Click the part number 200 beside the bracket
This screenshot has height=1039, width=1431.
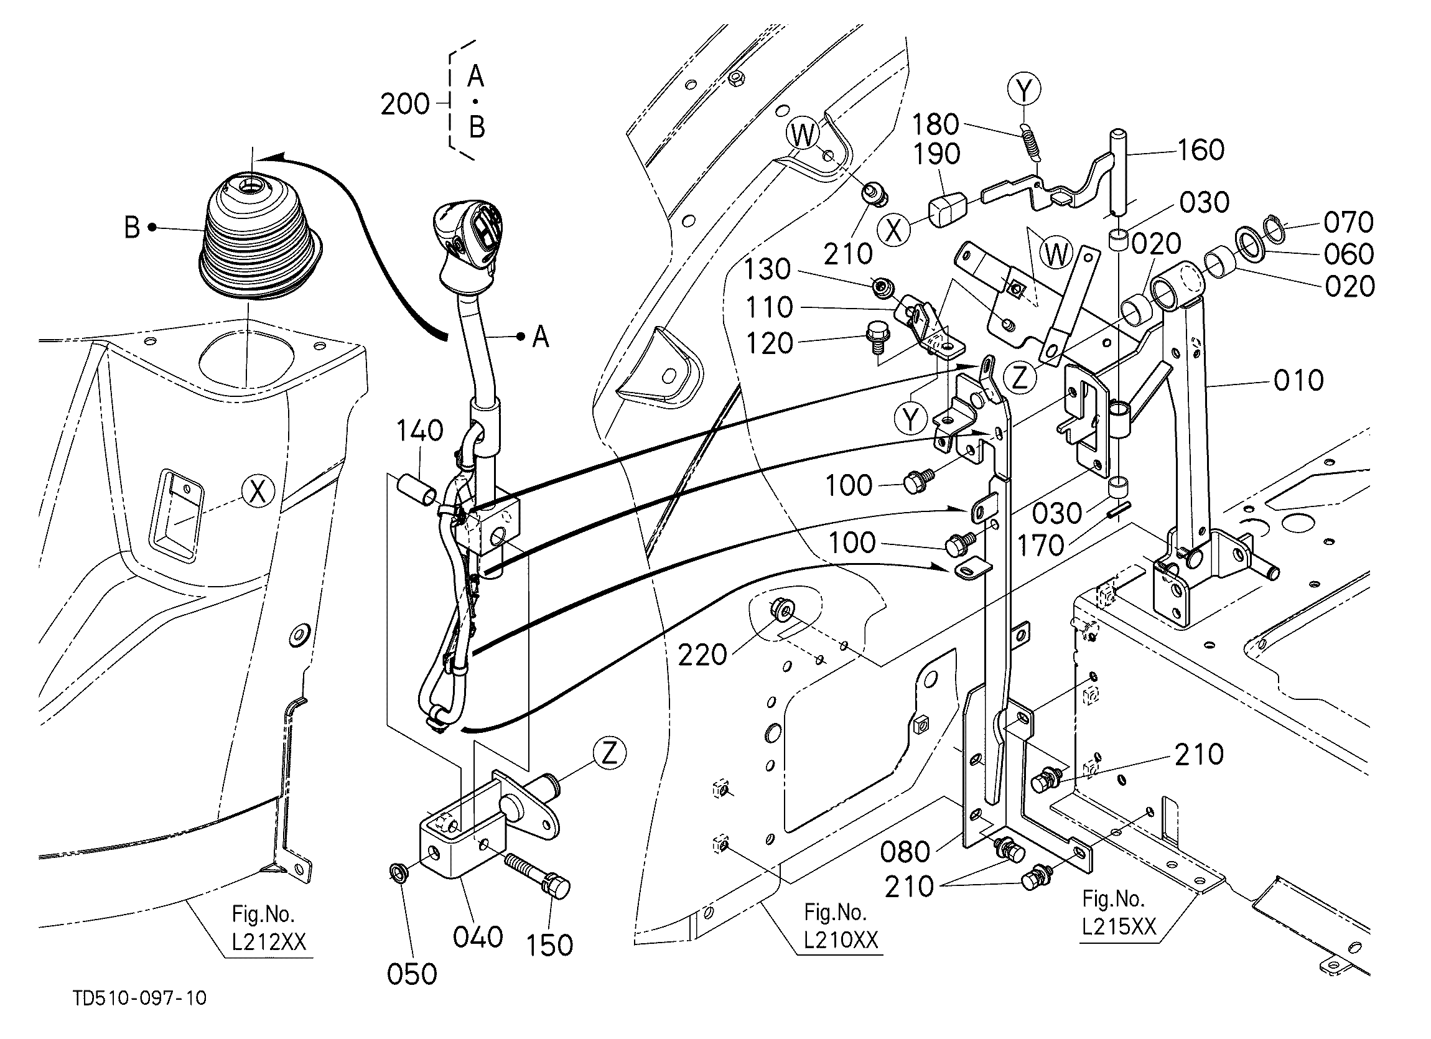(404, 104)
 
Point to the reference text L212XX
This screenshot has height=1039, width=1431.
(269, 942)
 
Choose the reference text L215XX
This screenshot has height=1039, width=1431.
(1119, 927)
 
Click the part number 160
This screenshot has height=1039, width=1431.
(1200, 150)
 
